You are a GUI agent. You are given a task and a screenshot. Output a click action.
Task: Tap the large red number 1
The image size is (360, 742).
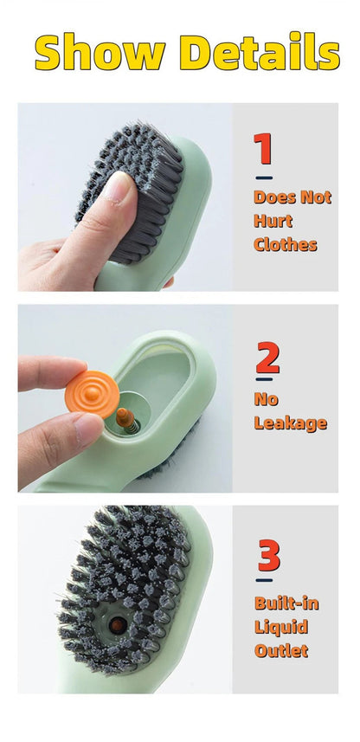(x=264, y=149)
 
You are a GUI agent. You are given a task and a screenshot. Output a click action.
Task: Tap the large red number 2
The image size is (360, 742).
(x=267, y=358)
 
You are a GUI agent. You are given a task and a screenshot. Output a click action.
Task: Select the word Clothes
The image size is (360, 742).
(x=285, y=244)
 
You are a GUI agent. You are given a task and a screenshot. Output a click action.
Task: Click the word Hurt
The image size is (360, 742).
(x=273, y=221)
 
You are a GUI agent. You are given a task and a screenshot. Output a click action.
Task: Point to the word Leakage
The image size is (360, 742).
(x=290, y=423)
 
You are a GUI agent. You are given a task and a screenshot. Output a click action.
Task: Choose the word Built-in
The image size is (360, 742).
(x=286, y=603)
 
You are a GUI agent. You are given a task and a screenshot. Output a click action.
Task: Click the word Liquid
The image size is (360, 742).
(x=281, y=626)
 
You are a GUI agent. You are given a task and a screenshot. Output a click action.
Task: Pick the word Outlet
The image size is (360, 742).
(x=281, y=649)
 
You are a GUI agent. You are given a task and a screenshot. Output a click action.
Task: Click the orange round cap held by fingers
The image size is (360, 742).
(x=91, y=394)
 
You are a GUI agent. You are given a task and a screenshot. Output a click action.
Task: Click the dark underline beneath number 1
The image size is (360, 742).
(x=264, y=177)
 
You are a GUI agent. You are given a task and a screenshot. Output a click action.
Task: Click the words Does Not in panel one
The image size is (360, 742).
(x=292, y=197)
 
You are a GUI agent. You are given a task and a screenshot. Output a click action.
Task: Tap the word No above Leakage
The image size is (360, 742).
(x=266, y=399)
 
